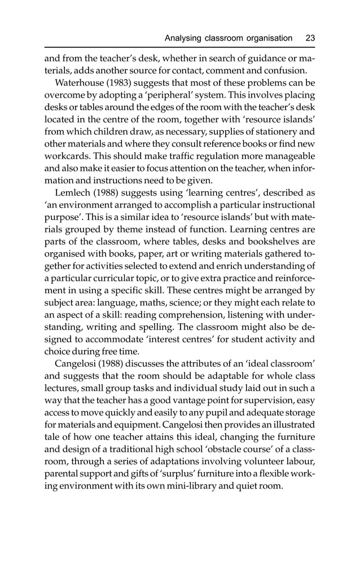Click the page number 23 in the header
[x=310, y=38]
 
